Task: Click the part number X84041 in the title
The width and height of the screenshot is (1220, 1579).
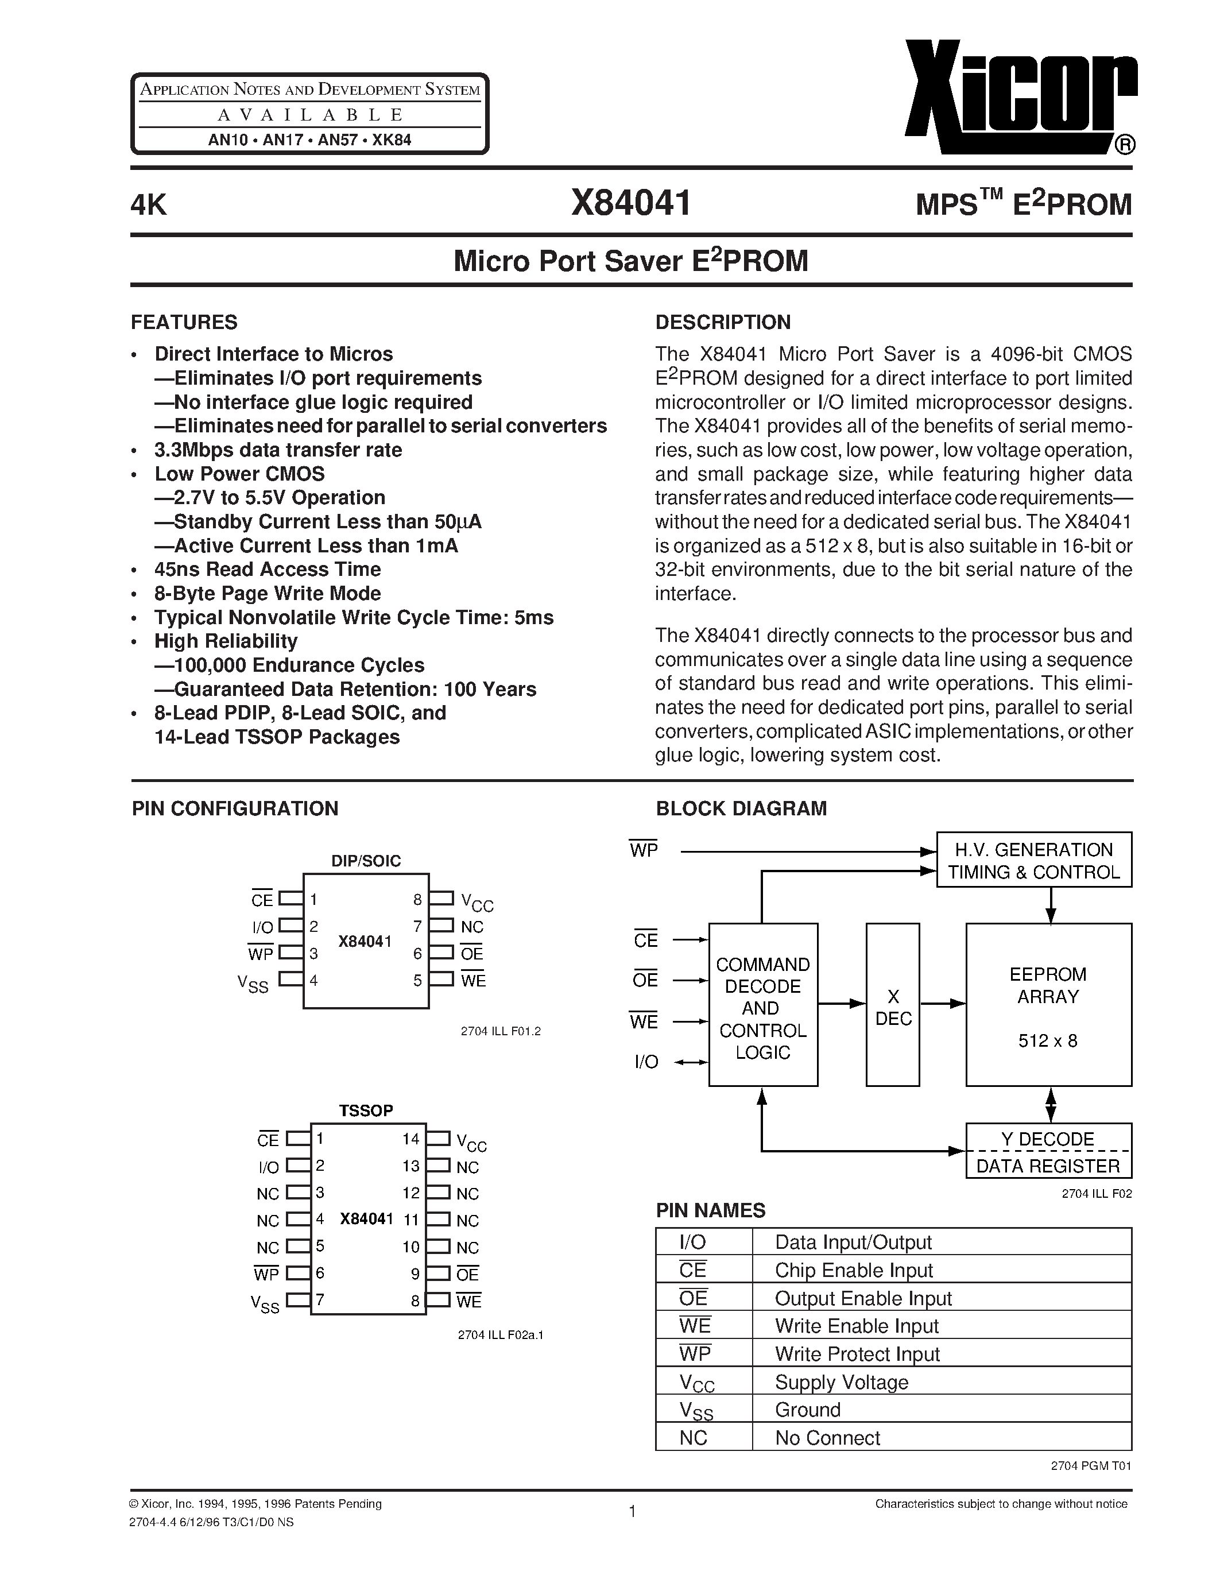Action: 630,203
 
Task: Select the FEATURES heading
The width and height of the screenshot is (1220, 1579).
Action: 184,322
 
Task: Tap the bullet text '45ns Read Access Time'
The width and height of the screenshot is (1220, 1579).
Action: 267,569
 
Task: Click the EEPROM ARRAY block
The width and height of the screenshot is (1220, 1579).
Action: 1048,1005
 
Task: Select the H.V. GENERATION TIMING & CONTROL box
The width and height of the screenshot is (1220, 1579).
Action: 1033,860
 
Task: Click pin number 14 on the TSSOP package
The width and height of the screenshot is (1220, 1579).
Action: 410,1139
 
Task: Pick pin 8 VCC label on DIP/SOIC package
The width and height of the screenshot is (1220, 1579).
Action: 477,901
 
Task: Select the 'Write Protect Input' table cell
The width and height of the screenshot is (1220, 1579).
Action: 857,1353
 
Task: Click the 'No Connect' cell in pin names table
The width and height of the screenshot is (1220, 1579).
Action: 827,1437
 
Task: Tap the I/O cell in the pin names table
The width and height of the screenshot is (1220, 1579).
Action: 692,1242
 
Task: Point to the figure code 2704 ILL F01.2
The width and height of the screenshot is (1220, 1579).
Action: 500,1031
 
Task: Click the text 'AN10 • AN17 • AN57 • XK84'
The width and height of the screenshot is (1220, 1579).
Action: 309,140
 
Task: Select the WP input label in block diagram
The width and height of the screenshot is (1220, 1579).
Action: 643,850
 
